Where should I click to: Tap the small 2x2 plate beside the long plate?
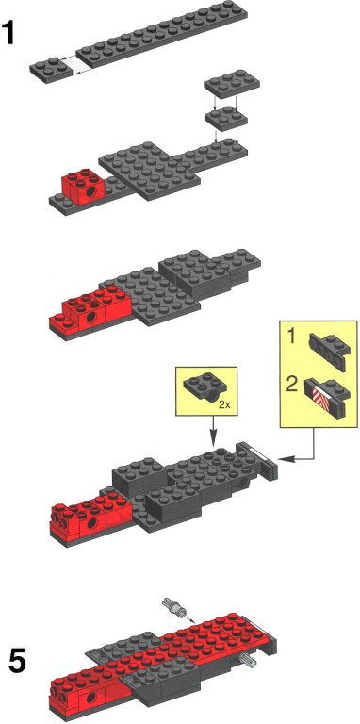coord(51,70)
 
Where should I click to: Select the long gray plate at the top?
coord(161,34)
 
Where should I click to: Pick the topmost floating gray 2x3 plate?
coord(232,84)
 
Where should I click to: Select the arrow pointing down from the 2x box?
coord(213,430)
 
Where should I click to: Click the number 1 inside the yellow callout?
coord(291,337)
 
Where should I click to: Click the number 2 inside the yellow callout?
coord(291,385)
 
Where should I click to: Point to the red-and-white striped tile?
coord(319,397)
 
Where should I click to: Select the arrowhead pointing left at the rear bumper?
coord(284,459)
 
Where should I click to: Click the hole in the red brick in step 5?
coord(90,695)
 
